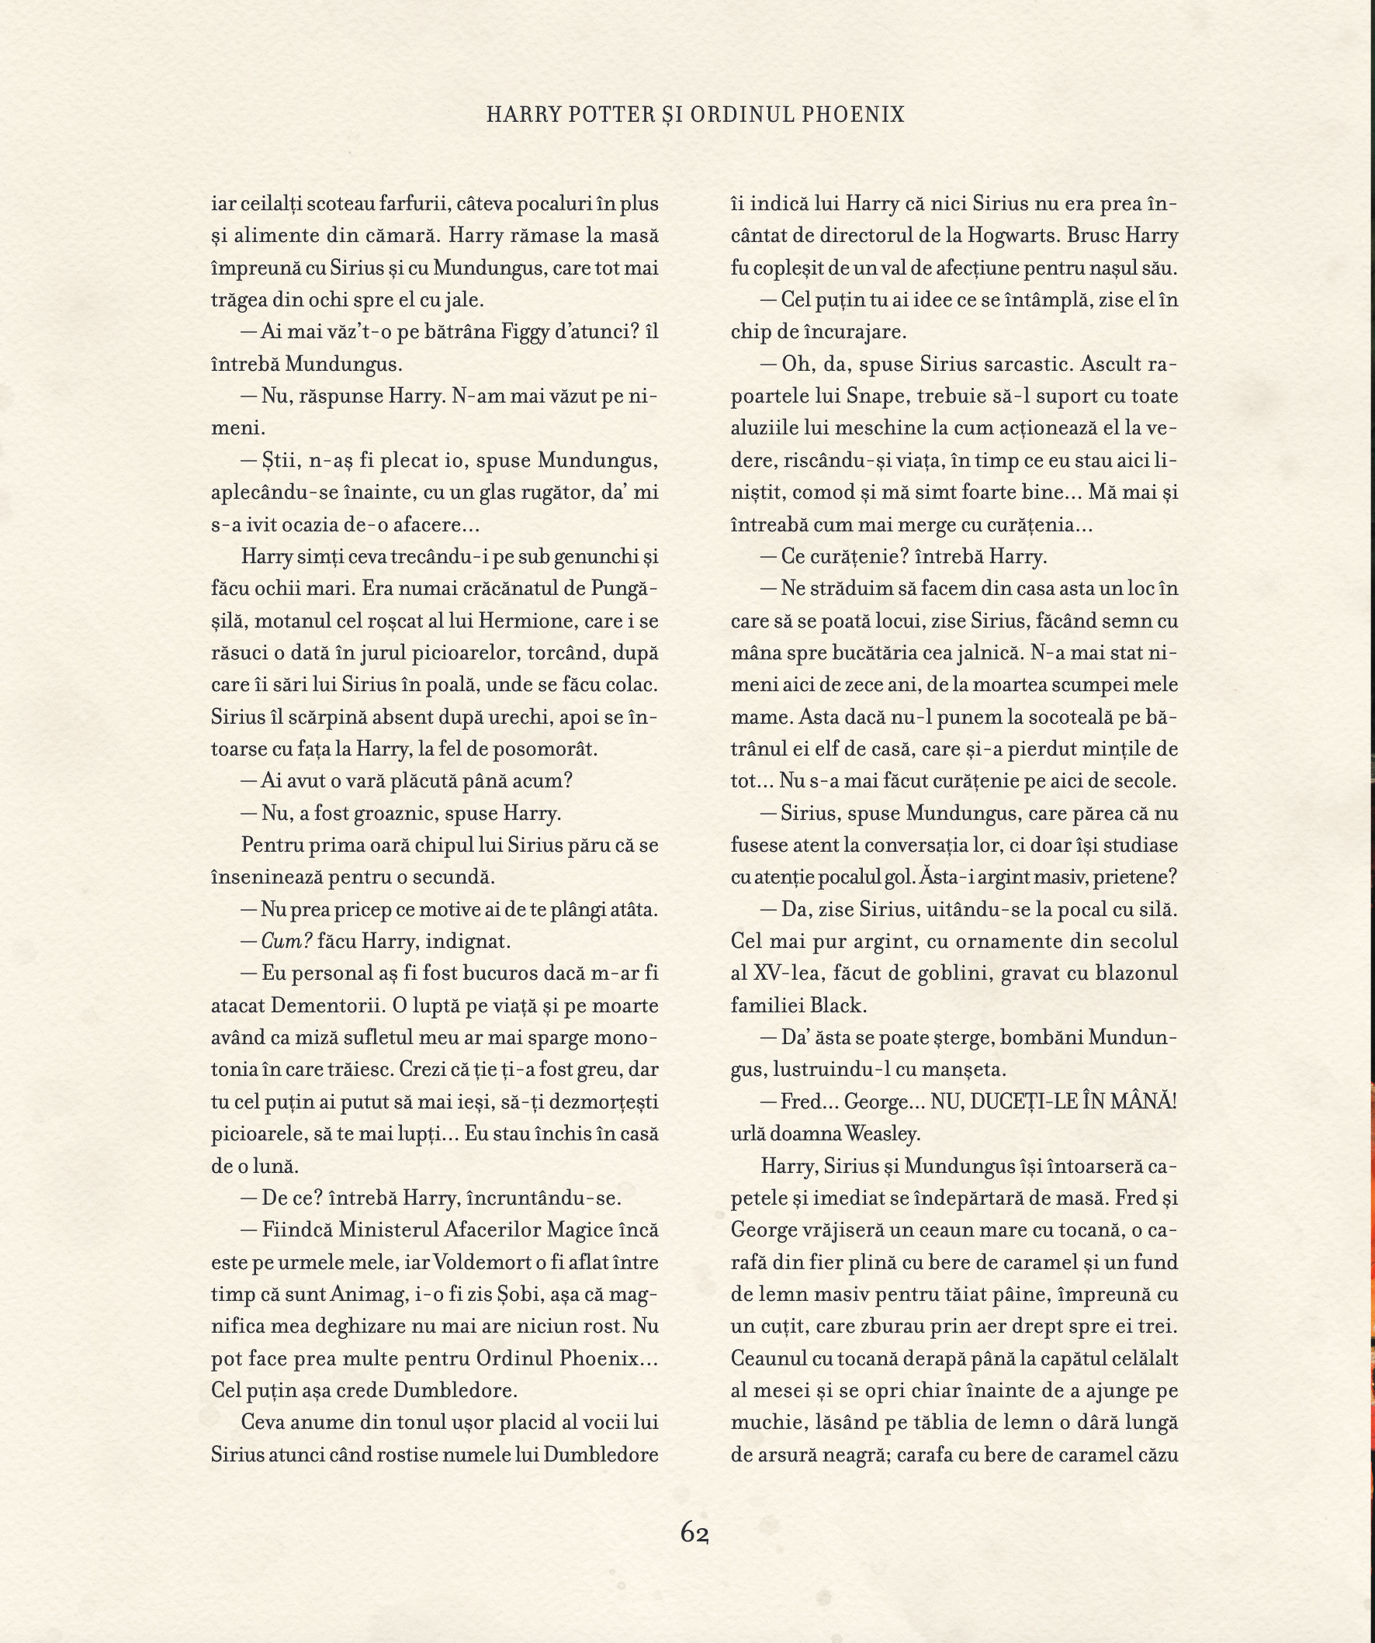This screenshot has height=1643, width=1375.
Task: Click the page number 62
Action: [694, 1532]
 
